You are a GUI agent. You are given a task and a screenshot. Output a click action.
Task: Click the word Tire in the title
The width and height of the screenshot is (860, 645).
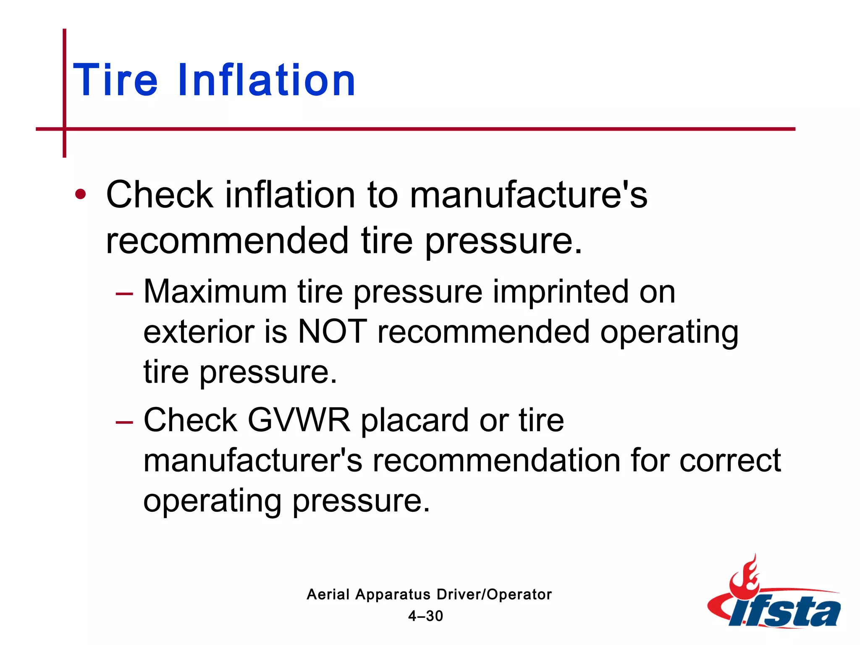115,80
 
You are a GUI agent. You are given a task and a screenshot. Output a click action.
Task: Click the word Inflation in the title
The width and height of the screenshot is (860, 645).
267,80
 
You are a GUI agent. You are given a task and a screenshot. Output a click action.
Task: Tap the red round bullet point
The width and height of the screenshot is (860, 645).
80,194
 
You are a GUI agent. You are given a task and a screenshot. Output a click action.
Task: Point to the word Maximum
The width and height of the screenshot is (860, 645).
215,291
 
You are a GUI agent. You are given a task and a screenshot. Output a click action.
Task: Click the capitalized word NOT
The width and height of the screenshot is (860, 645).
332,331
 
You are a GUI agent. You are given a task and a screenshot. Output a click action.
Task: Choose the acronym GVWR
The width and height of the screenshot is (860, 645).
299,420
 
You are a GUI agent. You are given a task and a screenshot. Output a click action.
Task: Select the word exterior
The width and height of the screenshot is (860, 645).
199,331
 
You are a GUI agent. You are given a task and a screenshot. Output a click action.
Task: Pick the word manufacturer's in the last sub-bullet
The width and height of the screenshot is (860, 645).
252,460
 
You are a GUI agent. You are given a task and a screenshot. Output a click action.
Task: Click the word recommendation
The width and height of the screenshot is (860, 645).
496,460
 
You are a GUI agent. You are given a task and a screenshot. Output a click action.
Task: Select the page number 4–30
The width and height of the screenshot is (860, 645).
425,616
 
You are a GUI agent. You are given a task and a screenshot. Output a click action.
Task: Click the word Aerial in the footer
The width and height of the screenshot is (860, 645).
328,595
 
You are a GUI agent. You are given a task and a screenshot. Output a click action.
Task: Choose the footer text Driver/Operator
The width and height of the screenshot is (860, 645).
494,595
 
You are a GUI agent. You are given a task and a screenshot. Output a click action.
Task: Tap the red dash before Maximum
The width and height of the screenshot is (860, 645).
124,293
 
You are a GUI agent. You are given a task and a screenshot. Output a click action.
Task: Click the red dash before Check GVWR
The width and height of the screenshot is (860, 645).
124,421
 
